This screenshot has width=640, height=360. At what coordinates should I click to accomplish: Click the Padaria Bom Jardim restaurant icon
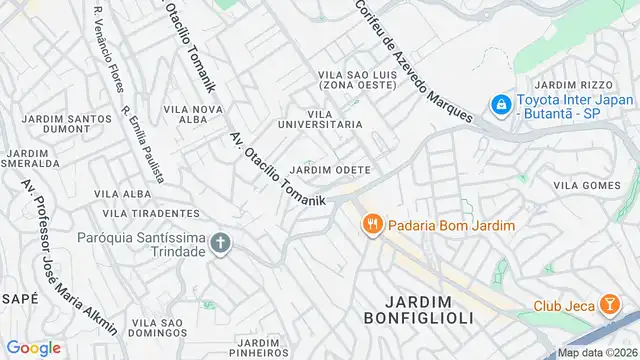pos(371,224)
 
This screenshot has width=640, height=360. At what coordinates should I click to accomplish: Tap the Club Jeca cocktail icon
pos(609,305)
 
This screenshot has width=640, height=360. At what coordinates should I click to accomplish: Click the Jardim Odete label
pos(330,169)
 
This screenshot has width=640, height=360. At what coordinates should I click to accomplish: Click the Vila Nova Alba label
pos(192,116)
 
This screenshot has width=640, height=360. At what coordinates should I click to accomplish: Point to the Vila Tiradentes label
pos(146,213)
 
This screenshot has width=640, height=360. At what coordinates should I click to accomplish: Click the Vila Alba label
pos(122,193)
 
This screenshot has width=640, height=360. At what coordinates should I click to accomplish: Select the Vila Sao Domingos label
pos(157,329)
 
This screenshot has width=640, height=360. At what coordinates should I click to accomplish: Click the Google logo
pos(33,347)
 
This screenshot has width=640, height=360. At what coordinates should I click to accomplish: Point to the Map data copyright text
pos(597,352)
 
